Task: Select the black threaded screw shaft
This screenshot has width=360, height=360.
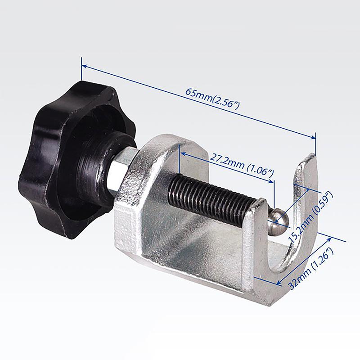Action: [211, 198]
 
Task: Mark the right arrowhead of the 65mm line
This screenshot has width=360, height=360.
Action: [314, 138]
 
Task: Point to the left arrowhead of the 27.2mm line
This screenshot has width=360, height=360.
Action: [182, 153]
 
